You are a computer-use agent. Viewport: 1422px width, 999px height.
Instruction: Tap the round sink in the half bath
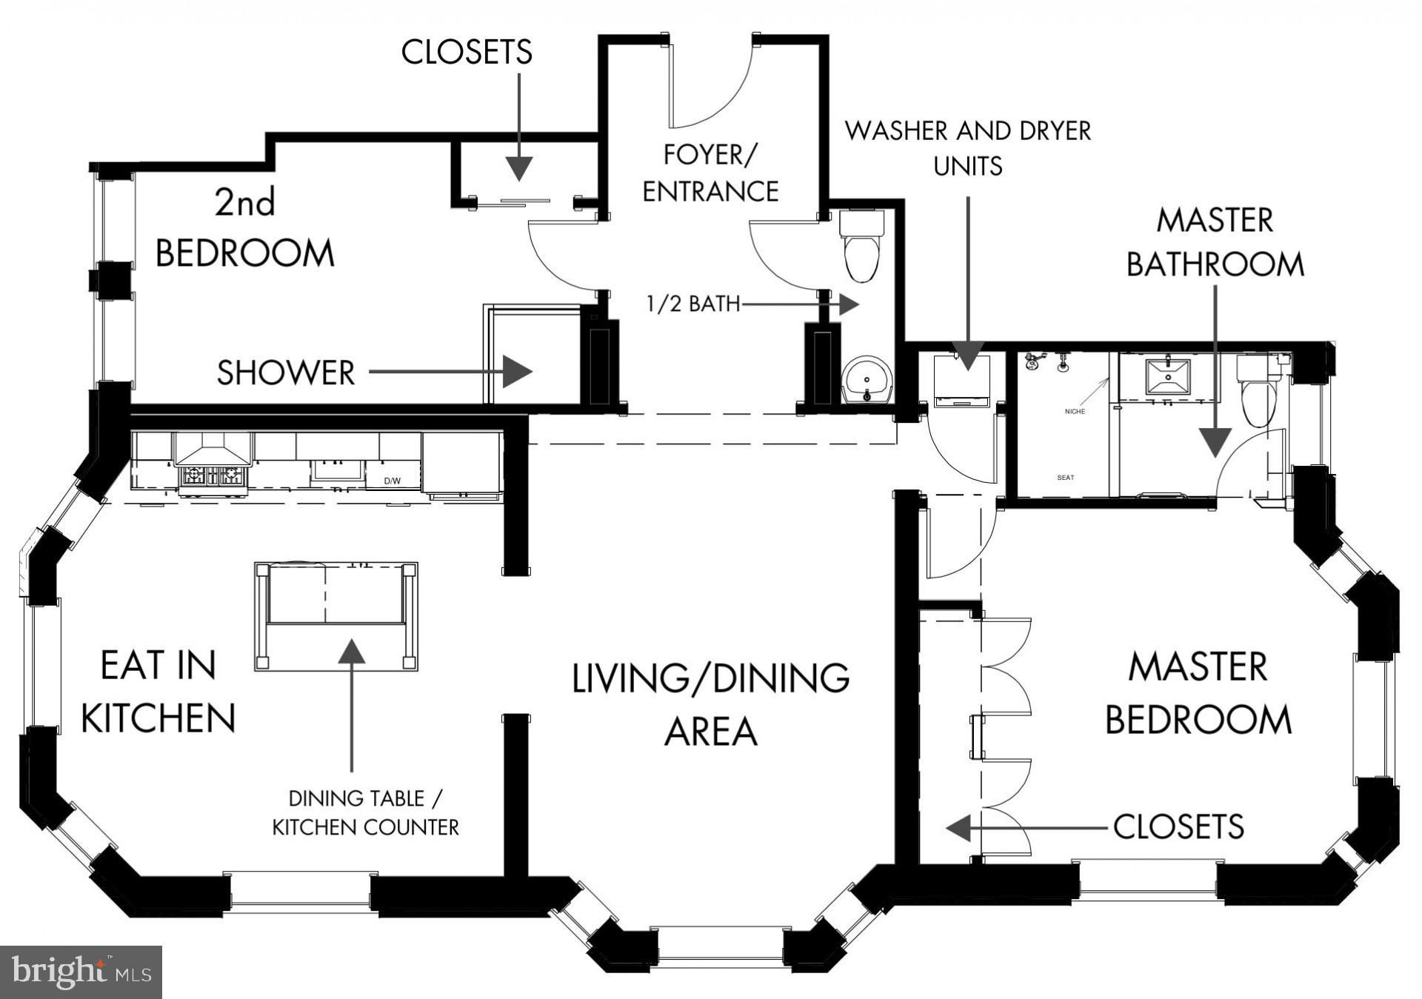[x=867, y=379]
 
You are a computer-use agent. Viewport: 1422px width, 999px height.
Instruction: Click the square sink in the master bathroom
[x=1168, y=377]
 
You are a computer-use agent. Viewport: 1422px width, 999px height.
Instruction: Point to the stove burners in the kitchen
[x=212, y=475]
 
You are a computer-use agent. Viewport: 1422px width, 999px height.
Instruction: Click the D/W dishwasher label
[x=392, y=481]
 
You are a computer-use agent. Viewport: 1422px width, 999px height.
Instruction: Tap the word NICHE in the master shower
[x=1075, y=412]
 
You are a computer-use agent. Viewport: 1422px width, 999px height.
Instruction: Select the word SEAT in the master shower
[x=1066, y=478]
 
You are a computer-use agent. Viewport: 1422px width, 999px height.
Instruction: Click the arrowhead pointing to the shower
[x=518, y=371]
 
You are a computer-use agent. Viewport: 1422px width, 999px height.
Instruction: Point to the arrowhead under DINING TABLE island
[x=351, y=651]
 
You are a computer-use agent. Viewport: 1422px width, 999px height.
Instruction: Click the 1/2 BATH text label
[x=693, y=304]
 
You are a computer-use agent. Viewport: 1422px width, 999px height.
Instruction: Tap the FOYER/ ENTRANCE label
[x=710, y=173]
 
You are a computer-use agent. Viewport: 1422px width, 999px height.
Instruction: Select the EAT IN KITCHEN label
[x=158, y=692]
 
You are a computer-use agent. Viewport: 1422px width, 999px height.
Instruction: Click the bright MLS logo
[x=81, y=972]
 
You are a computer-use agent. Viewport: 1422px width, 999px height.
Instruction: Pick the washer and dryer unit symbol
[x=962, y=381]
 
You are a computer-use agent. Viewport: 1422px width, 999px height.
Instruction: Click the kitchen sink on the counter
[x=338, y=471]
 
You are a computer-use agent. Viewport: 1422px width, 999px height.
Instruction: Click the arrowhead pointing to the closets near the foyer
[x=519, y=169]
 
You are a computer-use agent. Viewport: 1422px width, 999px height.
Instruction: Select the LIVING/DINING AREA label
[x=710, y=705]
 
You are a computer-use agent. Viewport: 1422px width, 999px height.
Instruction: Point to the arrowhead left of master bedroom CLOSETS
[x=958, y=827]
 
